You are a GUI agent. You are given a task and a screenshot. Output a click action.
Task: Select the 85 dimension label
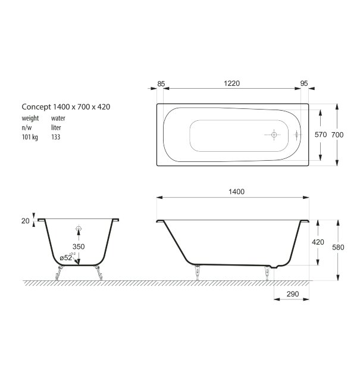pyautogui.click(x=161, y=84)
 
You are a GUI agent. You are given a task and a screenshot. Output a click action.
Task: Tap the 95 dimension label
pyautogui.click(x=304, y=84)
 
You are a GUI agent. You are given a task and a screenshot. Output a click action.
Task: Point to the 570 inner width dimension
pyautogui.click(x=320, y=135)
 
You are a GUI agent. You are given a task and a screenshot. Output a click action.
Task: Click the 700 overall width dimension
pyautogui.click(x=337, y=135)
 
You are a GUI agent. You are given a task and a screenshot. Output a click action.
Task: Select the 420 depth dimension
pyautogui.click(x=318, y=242)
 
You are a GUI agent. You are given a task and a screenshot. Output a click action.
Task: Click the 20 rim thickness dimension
pyautogui.click(x=26, y=220)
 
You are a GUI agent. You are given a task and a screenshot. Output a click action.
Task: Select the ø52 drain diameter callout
pyautogui.click(x=67, y=257)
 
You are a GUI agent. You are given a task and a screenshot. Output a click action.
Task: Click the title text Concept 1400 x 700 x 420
pyautogui.click(x=66, y=107)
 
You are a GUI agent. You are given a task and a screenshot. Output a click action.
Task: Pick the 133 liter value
pyautogui.click(x=55, y=136)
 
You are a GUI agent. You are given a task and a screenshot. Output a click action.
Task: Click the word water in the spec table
pyautogui.click(x=58, y=118)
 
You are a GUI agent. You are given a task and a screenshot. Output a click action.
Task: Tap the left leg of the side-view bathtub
pyautogui.click(x=197, y=271)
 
